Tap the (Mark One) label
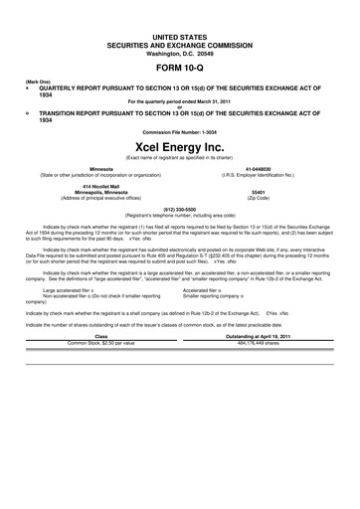[39, 82]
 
